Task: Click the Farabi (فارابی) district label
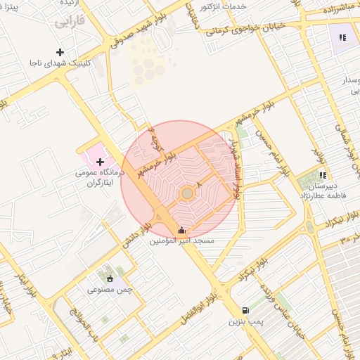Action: (x=69, y=22)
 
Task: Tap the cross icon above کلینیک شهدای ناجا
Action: (x=60, y=52)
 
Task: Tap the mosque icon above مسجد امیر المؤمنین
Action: (x=181, y=230)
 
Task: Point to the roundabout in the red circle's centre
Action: (x=187, y=193)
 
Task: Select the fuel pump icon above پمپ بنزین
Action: (x=244, y=310)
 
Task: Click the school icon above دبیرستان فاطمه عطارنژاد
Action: (x=323, y=175)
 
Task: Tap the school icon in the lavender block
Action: (x=342, y=37)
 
